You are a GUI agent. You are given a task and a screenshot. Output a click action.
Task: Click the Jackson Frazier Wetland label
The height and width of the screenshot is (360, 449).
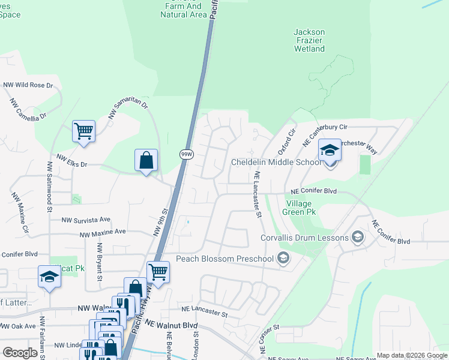(309, 40)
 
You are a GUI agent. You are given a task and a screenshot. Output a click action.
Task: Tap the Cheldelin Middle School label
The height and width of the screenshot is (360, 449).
(277, 163)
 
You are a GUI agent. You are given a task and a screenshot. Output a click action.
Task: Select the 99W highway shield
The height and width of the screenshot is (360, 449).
(186, 154)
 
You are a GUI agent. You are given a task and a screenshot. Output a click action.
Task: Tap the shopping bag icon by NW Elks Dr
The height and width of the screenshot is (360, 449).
(146, 160)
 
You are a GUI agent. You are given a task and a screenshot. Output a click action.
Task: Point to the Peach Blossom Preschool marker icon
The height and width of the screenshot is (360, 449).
(283, 259)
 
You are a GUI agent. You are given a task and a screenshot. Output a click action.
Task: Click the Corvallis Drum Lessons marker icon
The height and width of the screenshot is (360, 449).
(358, 238)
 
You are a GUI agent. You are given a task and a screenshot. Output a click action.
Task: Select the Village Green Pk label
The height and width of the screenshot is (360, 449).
(298, 208)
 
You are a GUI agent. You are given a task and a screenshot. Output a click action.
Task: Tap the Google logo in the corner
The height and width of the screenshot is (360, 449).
(20, 353)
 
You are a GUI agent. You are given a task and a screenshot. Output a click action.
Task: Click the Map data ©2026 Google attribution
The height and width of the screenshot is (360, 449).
(411, 355)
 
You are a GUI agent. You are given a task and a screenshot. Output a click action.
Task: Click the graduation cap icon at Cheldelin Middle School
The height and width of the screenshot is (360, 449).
(329, 150)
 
